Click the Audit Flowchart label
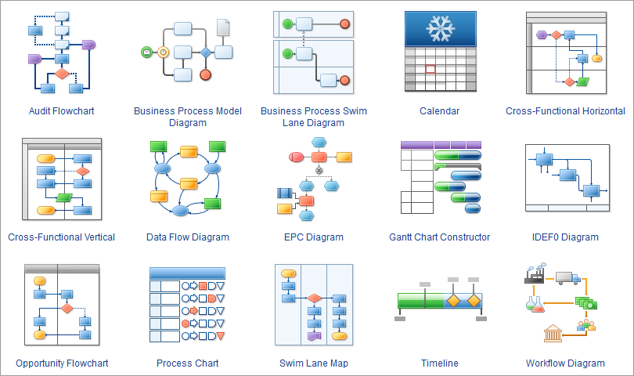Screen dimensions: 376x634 coord(61,111)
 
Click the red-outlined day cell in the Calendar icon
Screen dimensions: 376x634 coord(430,69)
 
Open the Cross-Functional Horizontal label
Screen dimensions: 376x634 coord(565,111)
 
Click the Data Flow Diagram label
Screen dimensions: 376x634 coord(188,237)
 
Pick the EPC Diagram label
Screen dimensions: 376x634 coord(313,237)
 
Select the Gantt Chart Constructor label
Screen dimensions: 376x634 coord(439,237)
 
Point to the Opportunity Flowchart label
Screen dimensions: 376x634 coord(62,363)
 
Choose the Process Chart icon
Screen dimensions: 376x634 coord(187,305)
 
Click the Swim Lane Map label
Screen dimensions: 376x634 coord(313,363)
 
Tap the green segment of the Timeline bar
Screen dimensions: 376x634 coord(420,301)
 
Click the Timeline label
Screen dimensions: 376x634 coord(439,363)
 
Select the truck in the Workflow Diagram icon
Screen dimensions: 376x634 coord(567,278)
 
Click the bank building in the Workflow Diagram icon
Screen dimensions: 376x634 coord(553,333)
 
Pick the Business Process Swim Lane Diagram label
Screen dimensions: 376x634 coord(313,117)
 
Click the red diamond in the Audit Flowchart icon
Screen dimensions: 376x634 coord(61,74)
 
